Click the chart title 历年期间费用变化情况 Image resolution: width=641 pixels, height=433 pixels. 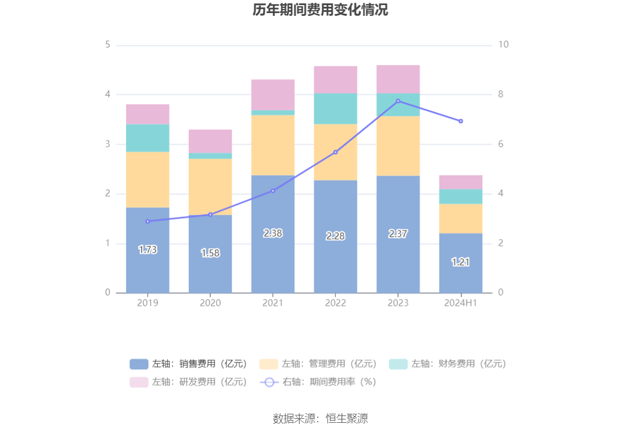pyautogui.click(x=320, y=10)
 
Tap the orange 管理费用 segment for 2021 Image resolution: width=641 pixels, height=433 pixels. pyautogui.click(x=273, y=145)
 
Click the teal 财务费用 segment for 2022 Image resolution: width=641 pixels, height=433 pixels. pyautogui.click(x=336, y=109)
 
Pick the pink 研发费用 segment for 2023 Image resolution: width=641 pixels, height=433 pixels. pyautogui.click(x=398, y=79)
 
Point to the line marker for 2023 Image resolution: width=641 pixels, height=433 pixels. pyautogui.click(x=398, y=101)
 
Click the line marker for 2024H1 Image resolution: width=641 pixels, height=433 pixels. pyautogui.click(x=461, y=121)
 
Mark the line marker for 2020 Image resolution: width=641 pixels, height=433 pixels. pyautogui.click(x=210, y=215)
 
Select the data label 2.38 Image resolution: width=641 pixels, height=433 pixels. pyautogui.click(x=273, y=233)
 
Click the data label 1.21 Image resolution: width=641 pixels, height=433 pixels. pyautogui.click(x=461, y=262)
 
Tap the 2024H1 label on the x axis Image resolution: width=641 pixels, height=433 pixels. pyautogui.click(x=461, y=303)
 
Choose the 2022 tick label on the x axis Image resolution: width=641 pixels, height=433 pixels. pyautogui.click(x=336, y=303)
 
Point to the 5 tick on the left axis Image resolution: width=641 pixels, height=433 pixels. pyautogui.click(x=107, y=45)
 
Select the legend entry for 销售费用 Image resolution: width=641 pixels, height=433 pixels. pyautogui.click(x=189, y=364)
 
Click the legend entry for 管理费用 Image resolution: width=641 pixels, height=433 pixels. pyautogui.click(x=318, y=364)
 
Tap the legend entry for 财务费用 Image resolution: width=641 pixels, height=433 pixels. pyautogui.click(x=448, y=364)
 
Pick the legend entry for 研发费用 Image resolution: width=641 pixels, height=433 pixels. pyautogui.click(x=189, y=382)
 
